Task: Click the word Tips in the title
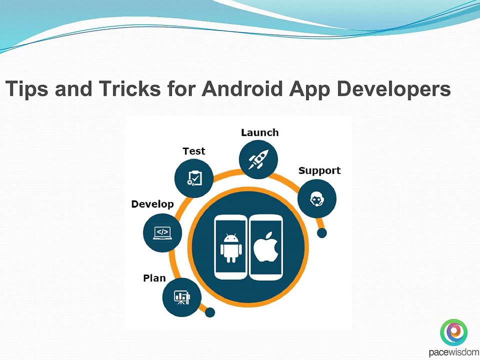point(27,89)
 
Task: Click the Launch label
point(259,132)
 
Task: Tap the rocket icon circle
point(258,159)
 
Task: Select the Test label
point(193,151)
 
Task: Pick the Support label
point(319,170)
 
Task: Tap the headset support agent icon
point(316,199)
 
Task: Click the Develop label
point(152,204)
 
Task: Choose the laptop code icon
point(162,232)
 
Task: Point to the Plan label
point(154,278)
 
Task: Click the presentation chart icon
point(181,297)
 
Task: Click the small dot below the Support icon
point(321,232)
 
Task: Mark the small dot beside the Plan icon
point(210,312)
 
